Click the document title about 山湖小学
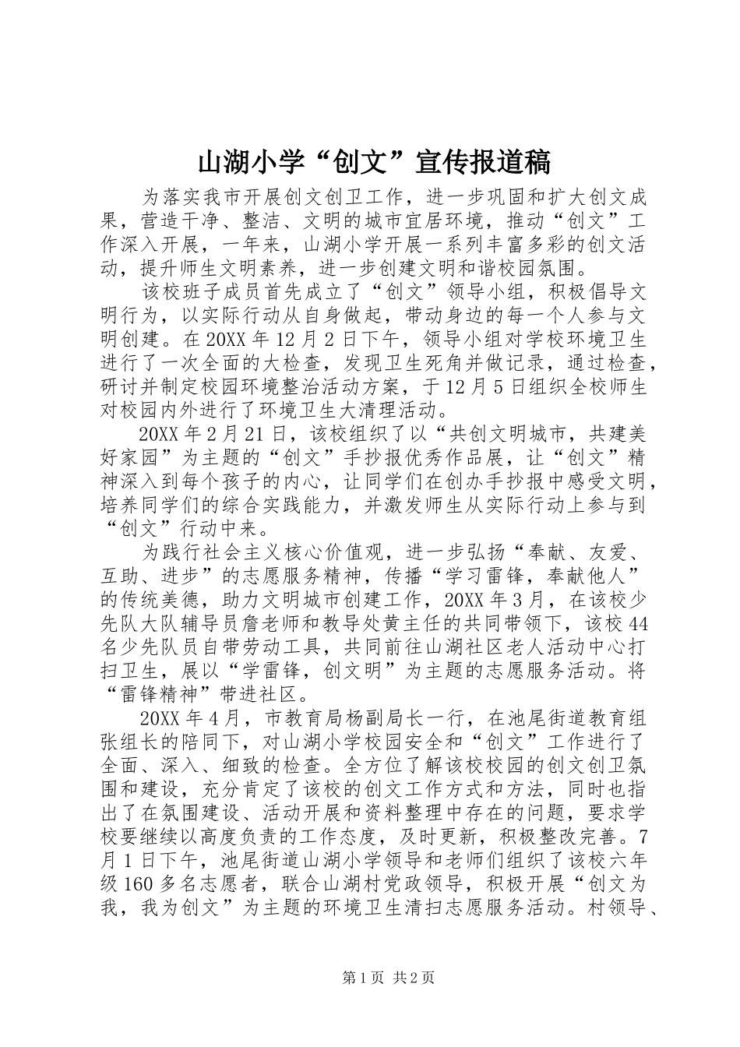click(x=374, y=161)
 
